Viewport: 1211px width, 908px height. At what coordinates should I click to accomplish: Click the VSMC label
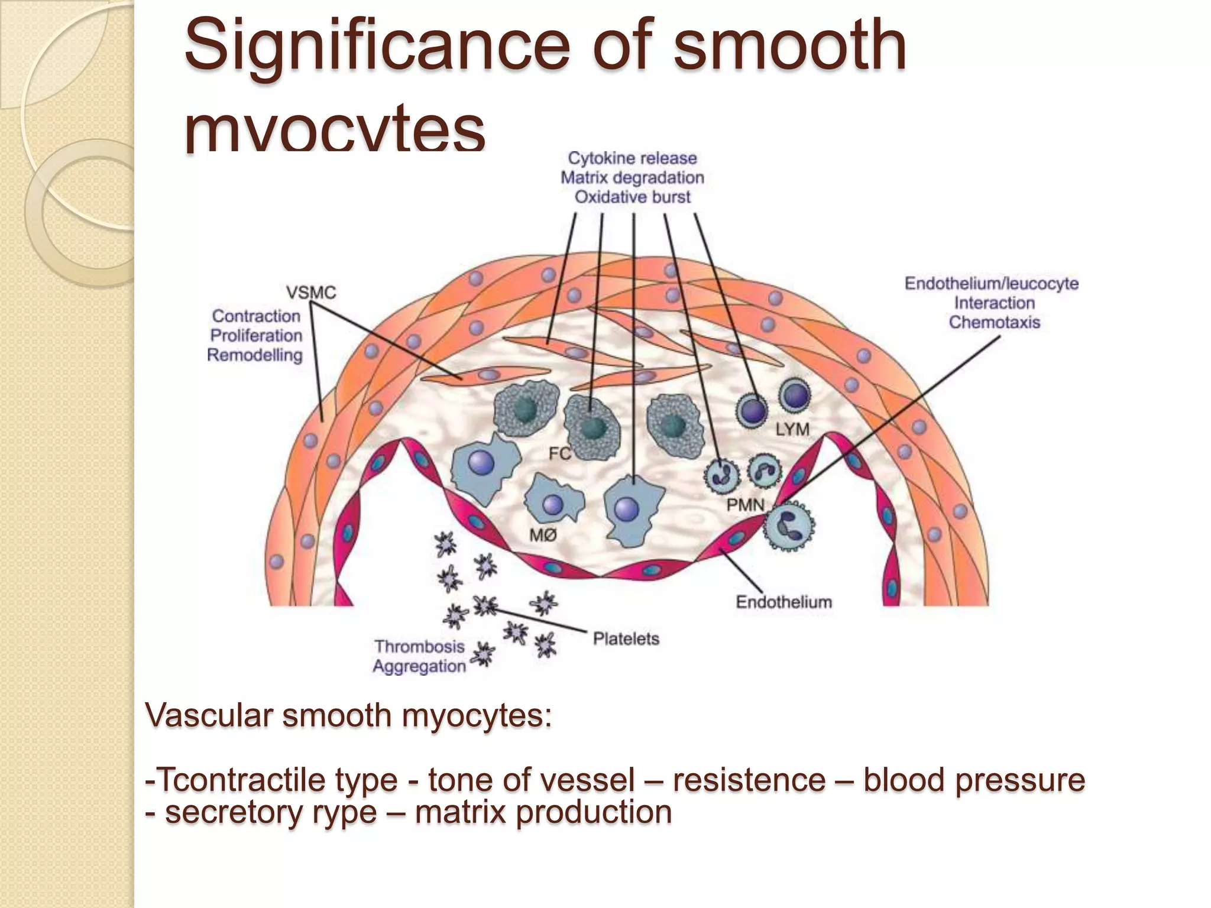tap(311, 293)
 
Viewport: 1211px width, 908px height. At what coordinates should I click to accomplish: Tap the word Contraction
tap(256, 316)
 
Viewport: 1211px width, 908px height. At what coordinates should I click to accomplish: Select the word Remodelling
tap(255, 355)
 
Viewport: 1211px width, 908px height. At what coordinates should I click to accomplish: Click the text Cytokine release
tap(632, 158)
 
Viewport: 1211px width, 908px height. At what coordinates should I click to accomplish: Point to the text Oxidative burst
tap(632, 197)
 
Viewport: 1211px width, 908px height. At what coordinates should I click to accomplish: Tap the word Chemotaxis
tap(994, 322)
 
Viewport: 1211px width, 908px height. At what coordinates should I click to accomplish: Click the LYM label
tap(792, 429)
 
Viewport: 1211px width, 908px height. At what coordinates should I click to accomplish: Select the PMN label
tap(745, 505)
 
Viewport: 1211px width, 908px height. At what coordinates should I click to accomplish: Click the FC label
tap(559, 454)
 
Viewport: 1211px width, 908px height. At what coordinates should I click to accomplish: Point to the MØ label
tap(542, 535)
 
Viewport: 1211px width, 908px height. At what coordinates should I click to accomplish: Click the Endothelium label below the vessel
tap(783, 602)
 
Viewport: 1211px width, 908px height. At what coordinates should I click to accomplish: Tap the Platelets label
tap(626, 639)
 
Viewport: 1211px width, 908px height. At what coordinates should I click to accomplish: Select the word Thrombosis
tap(419, 647)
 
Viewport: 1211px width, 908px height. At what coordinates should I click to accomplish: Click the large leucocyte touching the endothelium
tap(789, 526)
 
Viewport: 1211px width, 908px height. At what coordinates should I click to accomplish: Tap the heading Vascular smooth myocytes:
tap(348, 716)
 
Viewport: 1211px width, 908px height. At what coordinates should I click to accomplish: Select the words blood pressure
tap(974, 780)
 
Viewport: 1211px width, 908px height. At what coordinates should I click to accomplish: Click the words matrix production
tap(543, 812)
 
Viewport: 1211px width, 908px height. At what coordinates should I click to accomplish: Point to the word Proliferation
tap(256, 336)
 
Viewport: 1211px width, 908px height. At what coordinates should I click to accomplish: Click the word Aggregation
tap(419, 666)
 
